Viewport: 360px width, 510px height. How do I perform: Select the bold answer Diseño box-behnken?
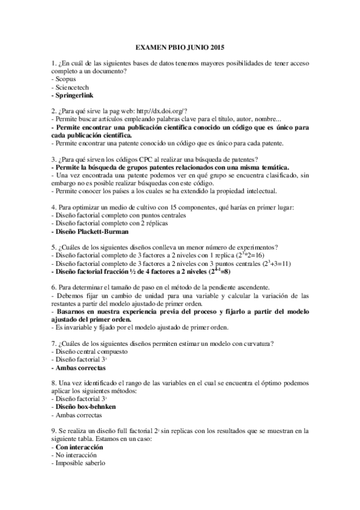tap(85, 407)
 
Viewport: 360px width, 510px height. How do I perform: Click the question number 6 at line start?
tap(54, 287)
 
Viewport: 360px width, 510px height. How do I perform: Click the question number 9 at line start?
tap(54, 431)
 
